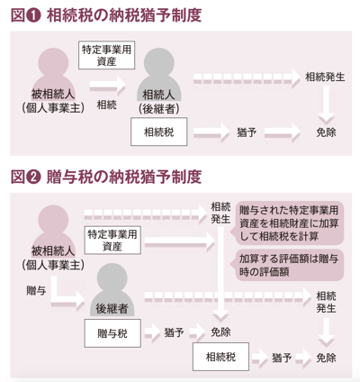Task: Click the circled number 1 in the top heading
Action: (33, 16)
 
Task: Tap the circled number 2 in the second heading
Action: (33, 177)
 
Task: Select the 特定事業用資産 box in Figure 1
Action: (106, 55)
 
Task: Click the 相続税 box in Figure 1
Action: (158, 132)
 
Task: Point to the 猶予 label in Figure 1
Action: (247, 132)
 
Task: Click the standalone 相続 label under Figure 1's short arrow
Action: (106, 105)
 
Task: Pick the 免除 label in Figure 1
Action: (326, 132)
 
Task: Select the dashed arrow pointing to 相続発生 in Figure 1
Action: (247, 78)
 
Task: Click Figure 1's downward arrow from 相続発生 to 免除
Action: (326, 105)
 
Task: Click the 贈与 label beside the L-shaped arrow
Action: (36, 290)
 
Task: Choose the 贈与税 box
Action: (112, 333)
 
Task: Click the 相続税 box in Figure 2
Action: (220, 357)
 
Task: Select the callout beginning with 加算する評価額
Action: (287, 265)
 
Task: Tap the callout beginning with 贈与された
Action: (287, 223)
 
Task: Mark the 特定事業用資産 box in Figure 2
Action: (112, 241)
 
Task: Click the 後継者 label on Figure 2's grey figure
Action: (112, 308)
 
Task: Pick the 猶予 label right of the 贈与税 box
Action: (174, 332)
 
